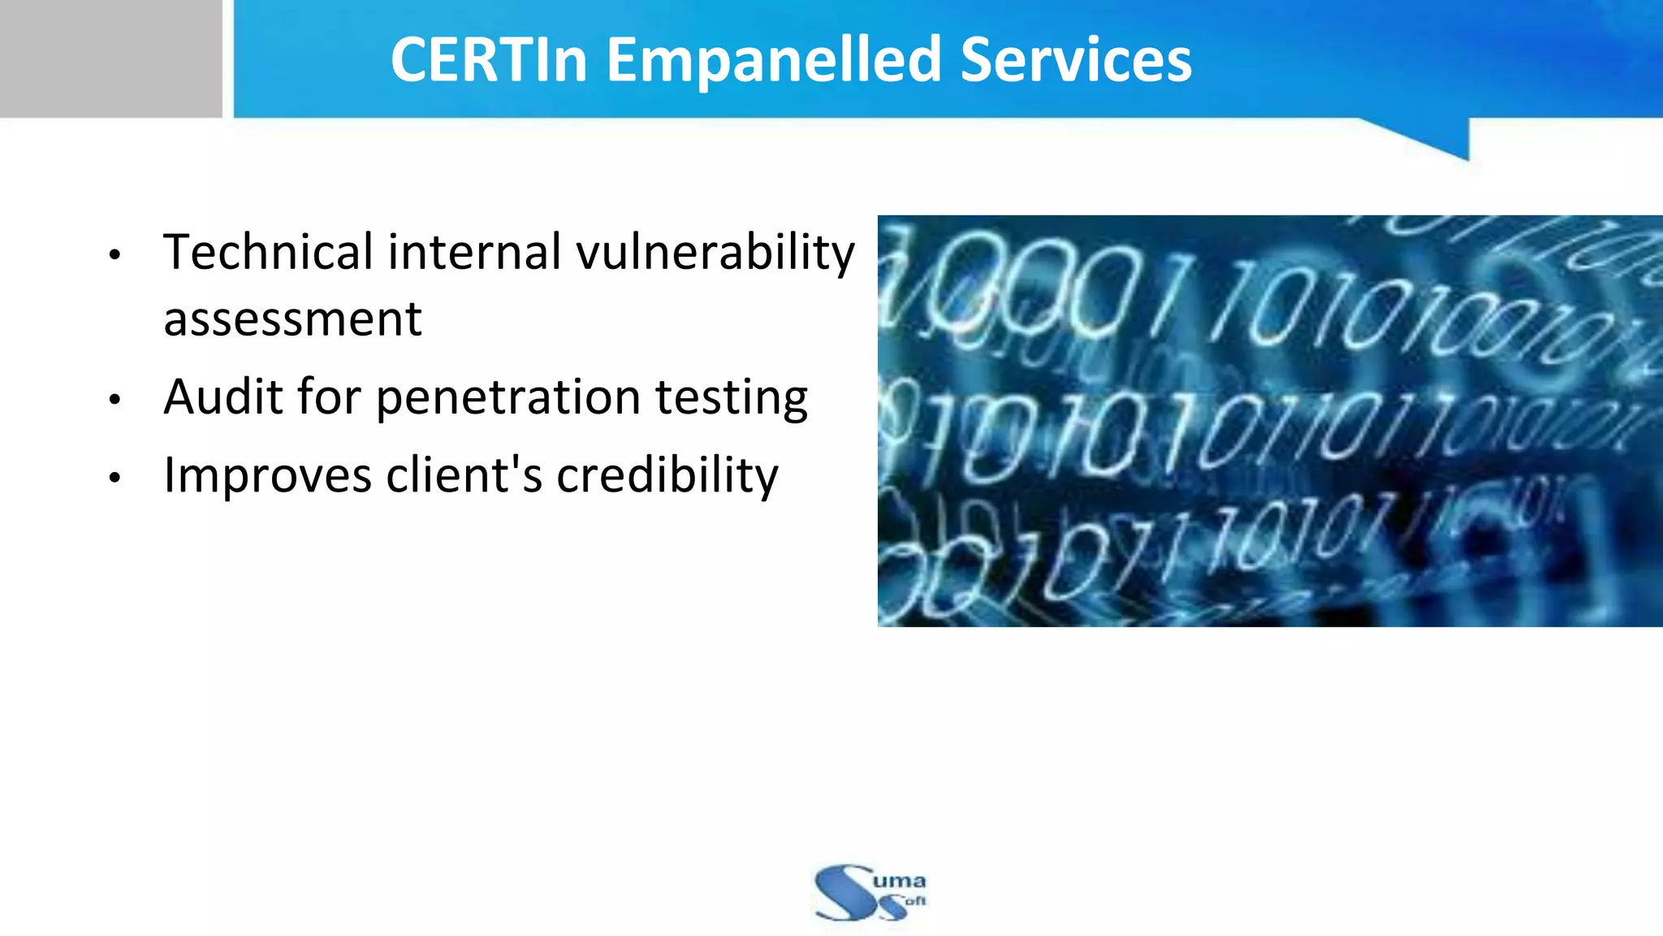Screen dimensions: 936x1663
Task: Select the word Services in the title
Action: [x=1076, y=60]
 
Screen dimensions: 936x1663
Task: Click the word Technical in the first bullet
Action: [x=268, y=252]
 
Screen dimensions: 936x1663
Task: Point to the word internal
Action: [x=474, y=252]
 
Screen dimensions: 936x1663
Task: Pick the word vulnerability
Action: [x=715, y=253]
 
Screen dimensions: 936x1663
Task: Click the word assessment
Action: [x=292, y=318]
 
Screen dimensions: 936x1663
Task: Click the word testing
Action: [x=731, y=398]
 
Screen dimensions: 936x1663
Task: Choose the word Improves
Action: [x=267, y=475]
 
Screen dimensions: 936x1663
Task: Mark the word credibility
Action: [x=667, y=476]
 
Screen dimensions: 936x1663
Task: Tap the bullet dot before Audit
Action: [x=114, y=400]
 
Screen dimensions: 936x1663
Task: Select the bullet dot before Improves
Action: [x=114, y=478]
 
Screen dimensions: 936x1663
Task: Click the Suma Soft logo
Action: [x=870, y=892]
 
